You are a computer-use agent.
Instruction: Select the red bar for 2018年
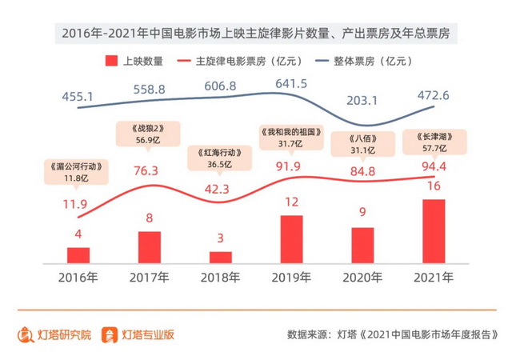221,257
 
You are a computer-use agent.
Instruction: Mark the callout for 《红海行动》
221,157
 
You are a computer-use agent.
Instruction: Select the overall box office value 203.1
362,101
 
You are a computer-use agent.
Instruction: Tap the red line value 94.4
433,167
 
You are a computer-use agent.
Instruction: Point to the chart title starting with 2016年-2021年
256,33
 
